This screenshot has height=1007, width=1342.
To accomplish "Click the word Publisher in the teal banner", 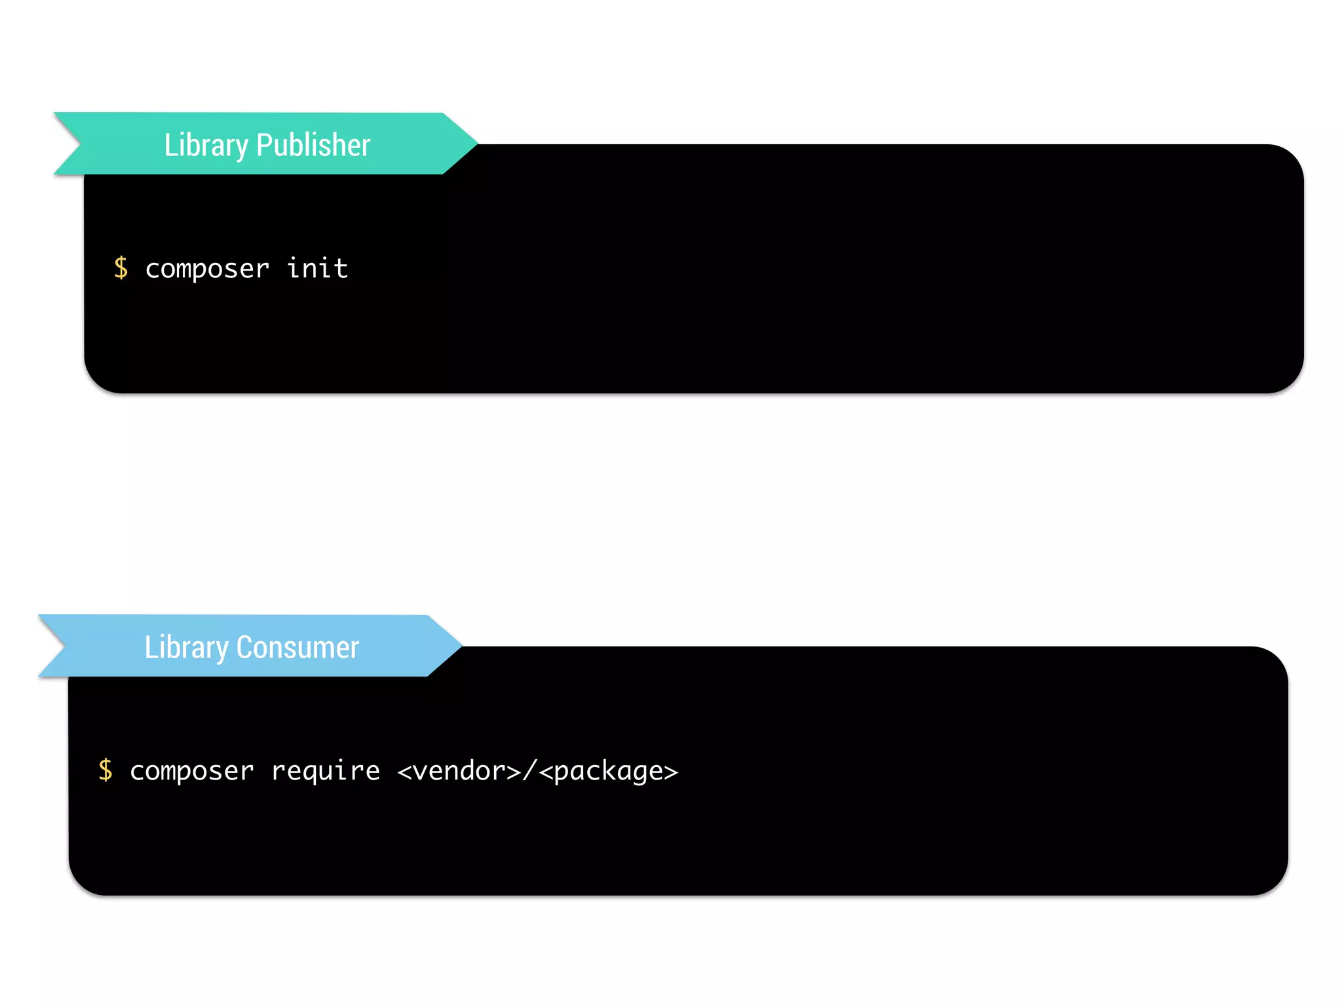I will tap(313, 145).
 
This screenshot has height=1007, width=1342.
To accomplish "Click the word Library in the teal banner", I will tap(206, 145).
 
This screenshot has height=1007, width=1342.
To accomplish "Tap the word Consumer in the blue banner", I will tap(297, 647).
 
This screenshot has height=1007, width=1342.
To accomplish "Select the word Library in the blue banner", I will tap(186, 647).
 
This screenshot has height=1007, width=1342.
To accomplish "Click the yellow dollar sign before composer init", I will tap(121, 268).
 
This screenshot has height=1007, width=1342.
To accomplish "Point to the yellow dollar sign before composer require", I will tap(105, 770).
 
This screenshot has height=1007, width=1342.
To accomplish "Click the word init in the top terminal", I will tap(318, 268).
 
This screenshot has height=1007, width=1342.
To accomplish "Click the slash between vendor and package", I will tap(529, 771).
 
